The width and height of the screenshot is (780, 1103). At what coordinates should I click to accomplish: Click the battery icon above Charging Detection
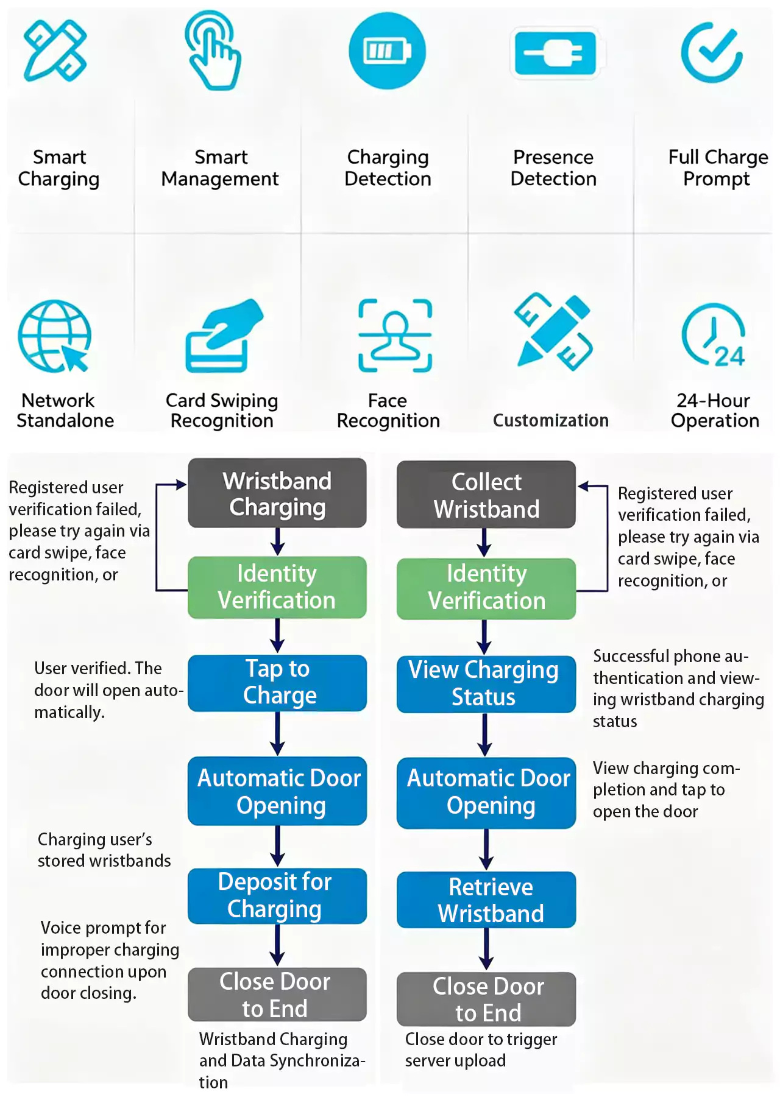[x=387, y=51]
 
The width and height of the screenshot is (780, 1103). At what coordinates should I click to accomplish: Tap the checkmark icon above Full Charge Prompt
[x=712, y=52]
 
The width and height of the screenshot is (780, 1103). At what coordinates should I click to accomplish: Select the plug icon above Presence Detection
[x=554, y=53]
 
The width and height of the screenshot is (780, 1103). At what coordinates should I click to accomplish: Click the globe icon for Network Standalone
[x=55, y=336]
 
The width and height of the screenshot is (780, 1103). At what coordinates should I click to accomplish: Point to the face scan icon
[x=395, y=335]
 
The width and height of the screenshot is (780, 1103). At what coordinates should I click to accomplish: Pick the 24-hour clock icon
[x=714, y=334]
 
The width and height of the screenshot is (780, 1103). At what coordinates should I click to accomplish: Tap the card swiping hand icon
[x=224, y=336]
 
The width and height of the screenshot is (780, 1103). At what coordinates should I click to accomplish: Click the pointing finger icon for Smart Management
[x=213, y=50]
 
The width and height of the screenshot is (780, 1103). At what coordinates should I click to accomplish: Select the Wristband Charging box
[x=277, y=493]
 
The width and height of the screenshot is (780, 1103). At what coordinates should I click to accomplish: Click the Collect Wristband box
[x=486, y=495]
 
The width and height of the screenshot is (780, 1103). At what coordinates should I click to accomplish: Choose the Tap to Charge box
[x=277, y=683]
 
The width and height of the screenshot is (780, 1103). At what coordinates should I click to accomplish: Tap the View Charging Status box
[x=486, y=684]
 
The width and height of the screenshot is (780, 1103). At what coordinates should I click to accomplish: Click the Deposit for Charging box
[x=277, y=896]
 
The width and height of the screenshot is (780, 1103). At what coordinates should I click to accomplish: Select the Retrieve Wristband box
[x=486, y=900]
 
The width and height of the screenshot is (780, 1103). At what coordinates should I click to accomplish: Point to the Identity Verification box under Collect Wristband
[x=486, y=588]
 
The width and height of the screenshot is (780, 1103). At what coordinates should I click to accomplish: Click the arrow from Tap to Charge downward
[x=277, y=734]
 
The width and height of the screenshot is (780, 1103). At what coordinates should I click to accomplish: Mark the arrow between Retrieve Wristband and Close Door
[x=486, y=950]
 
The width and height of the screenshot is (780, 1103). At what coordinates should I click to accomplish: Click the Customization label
[x=551, y=420]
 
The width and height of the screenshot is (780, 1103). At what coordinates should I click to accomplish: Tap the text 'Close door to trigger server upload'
[x=481, y=1050]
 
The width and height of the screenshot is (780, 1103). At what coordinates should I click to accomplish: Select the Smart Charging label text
[x=59, y=168]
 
